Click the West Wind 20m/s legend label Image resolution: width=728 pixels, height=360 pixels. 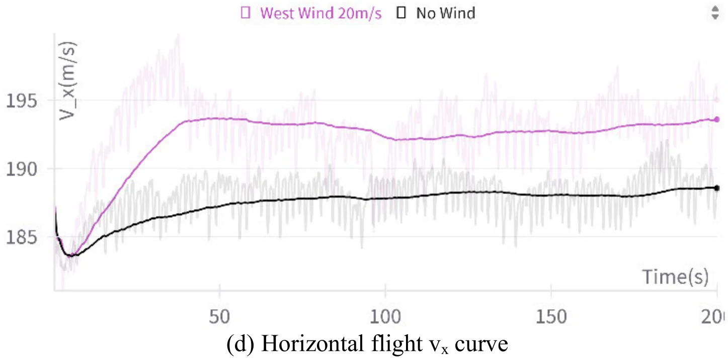pos(320,14)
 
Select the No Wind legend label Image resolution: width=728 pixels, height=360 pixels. pos(445,14)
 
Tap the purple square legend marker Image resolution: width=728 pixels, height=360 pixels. pos(246,14)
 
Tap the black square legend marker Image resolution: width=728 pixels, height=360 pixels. pos(401,14)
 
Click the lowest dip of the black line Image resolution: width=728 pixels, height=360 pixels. pos(72,255)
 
